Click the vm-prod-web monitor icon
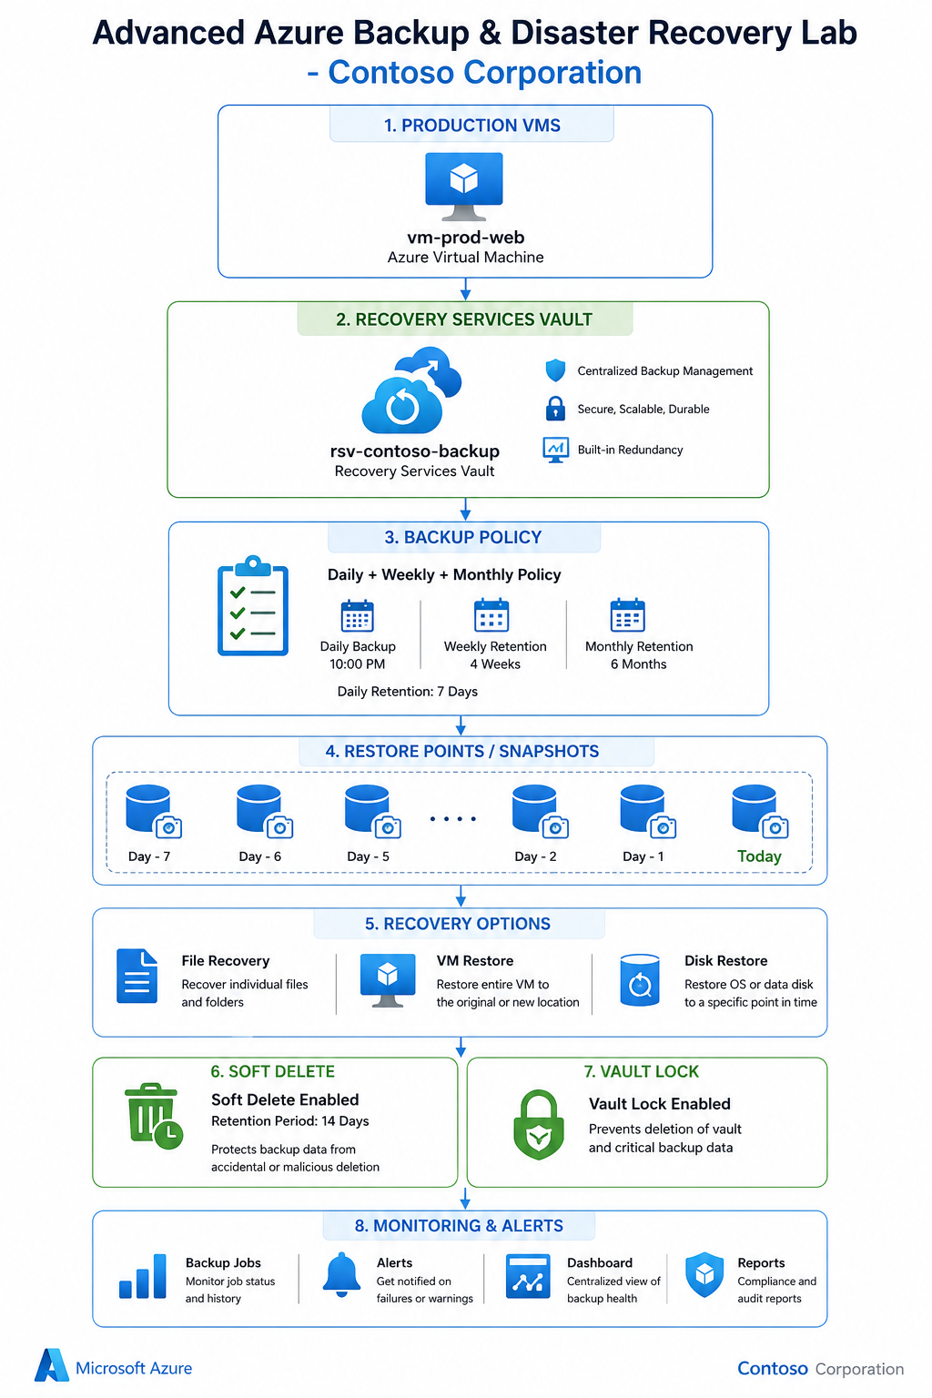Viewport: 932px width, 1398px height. coord(464,186)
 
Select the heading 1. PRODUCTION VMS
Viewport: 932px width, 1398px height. coord(472,126)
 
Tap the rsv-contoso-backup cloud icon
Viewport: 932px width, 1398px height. coord(411,390)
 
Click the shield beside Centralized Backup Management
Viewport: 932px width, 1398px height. coord(555,370)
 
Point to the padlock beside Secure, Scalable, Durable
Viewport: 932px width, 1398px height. coord(555,408)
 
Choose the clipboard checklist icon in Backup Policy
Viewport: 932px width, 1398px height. coord(253,605)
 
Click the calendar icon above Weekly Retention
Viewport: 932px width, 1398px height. coord(491,615)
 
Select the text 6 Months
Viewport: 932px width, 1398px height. coord(639,664)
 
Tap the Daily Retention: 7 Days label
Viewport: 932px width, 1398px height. coord(407,692)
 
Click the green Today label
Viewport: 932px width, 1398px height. coord(759,856)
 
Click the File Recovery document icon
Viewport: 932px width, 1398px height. coord(137,976)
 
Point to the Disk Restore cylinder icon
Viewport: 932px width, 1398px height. coord(640,980)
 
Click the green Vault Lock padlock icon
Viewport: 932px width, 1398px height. coord(538,1125)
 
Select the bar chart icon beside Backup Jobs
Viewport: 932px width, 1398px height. coord(142,1276)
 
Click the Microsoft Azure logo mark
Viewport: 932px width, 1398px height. coord(51,1365)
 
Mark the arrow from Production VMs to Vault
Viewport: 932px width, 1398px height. coord(465,289)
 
